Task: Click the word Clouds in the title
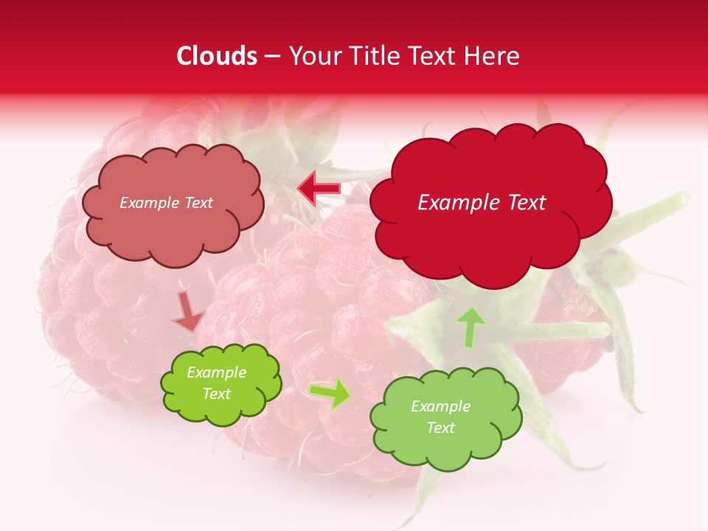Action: tap(217, 56)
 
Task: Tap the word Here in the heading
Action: tap(493, 56)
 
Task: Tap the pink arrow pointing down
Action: tap(189, 311)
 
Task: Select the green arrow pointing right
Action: tap(330, 394)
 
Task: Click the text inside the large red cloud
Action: tap(482, 203)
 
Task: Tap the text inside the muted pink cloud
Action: tap(166, 203)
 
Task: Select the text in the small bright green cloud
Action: tap(217, 383)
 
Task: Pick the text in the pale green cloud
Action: tap(440, 417)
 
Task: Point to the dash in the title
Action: tap(272, 56)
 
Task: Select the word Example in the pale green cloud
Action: tap(440, 406)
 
